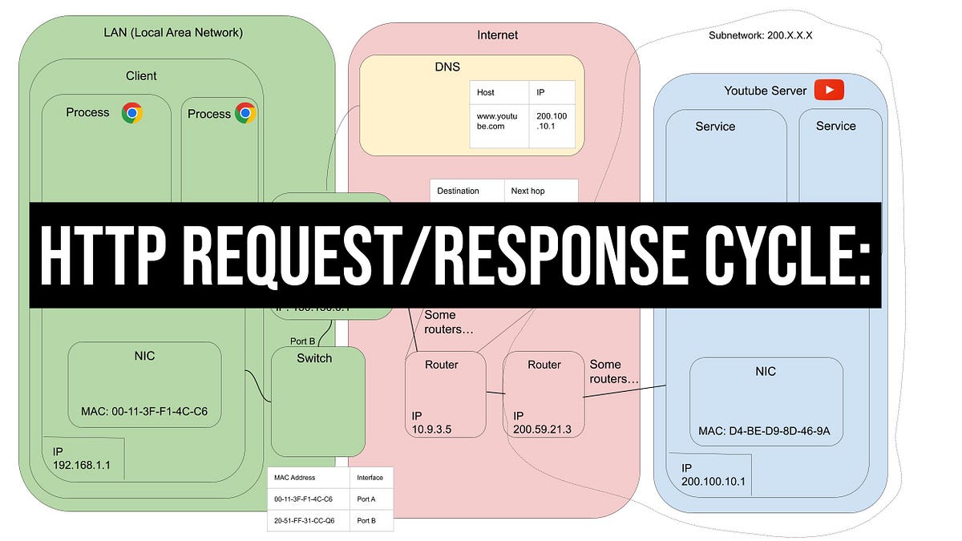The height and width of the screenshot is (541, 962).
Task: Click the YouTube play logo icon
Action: (x=828, y=90)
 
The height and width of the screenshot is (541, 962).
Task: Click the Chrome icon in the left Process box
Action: (x=132, y=113)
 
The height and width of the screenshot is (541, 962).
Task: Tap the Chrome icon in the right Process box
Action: (x=245, y=113)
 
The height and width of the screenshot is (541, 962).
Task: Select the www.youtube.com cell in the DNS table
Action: (x=498, y=121)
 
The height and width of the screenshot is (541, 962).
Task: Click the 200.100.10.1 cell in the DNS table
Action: (x=552, y=121)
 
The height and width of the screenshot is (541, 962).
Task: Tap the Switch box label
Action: (x=314, y=358)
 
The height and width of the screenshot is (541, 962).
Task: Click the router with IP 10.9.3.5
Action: (x=445, y=394)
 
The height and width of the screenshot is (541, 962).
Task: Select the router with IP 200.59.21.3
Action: (x=544, y=394)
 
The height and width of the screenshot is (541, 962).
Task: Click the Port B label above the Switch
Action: (x=302, y=341)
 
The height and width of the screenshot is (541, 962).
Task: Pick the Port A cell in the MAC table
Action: (x=366, y=499)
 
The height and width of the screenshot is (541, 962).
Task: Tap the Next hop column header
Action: (x=527, y=191)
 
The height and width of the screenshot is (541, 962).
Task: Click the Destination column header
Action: (x=458, y=191)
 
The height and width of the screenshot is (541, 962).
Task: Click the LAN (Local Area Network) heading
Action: (x=173, y=33)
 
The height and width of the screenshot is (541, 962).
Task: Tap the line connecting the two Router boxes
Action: (x=495, y=393)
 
